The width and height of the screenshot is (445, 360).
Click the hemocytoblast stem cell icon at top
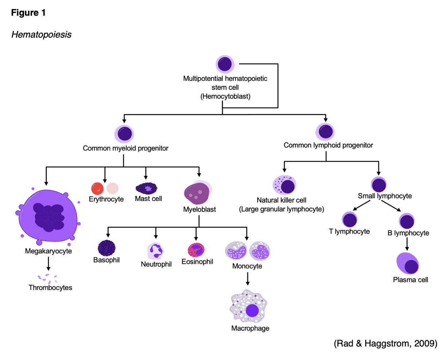[225, 64]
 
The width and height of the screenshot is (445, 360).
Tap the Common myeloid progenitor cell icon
[124, 134]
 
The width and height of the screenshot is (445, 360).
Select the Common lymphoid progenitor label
[328, 145]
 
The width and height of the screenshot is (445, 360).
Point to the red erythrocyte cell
[97, 188]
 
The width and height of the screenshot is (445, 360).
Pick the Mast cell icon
[147, 188]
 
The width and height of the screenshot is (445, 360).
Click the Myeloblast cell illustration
[198, 193]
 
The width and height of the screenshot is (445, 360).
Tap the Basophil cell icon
[107, 248]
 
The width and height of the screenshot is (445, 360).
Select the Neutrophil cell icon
[156, 251]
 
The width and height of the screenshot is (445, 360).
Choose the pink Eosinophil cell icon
[196, 250]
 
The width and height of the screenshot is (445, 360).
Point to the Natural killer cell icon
[284, 185]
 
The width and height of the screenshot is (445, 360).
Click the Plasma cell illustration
[408, 264]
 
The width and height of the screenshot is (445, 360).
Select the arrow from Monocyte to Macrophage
[248, 278]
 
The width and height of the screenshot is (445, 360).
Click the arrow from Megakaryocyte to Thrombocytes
[49, 264]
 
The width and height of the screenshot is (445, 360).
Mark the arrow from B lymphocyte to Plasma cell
[407, 244]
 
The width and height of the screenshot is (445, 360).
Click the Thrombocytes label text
[50, 288]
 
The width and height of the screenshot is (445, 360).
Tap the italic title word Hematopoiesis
[41, 35]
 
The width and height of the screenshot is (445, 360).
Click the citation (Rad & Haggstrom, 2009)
[385, 344]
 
